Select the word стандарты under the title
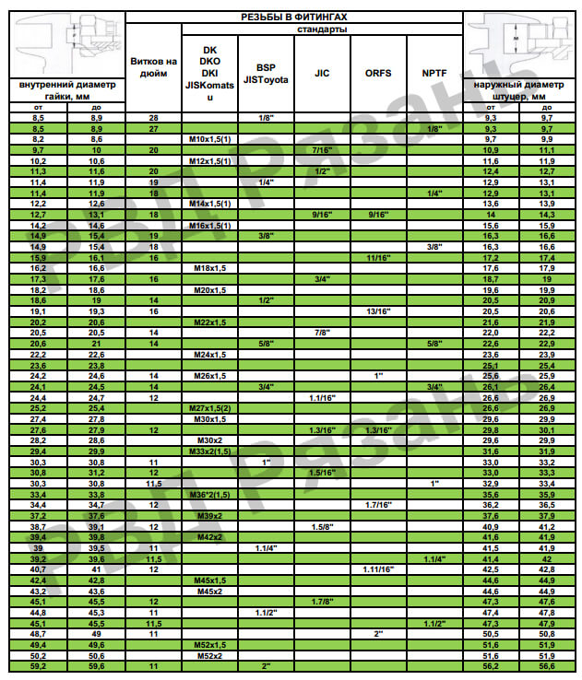pos(321,29)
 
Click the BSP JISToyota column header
pos(266,74)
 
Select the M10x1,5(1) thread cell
pos(209,138)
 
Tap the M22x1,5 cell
pos(209,322)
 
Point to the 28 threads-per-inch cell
pos(153,118)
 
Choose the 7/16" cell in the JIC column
pos(322,149)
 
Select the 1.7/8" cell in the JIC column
pos(322,602)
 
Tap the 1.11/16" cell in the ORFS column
pos(378,569)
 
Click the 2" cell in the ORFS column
pos(378,634)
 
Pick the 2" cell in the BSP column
pos(266,664)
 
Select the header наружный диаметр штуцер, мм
pos(522,89)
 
